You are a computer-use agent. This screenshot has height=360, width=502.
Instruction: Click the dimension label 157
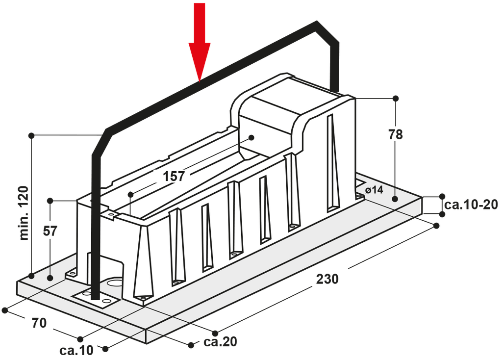[174, 176]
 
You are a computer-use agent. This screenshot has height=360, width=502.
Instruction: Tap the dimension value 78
[395, 134]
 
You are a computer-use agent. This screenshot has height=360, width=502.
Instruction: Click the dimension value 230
[327, 279]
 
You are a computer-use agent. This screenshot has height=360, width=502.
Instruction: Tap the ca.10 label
[75, 350]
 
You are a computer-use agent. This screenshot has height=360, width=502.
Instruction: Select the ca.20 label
[221, 341]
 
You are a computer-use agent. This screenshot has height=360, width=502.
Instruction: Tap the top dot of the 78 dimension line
[396, 99]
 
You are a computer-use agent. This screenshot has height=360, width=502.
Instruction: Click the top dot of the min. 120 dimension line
[32, 134]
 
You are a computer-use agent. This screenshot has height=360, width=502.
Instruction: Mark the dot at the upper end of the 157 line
[251, 137]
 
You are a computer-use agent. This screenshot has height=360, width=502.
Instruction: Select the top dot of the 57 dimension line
[50, 201]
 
